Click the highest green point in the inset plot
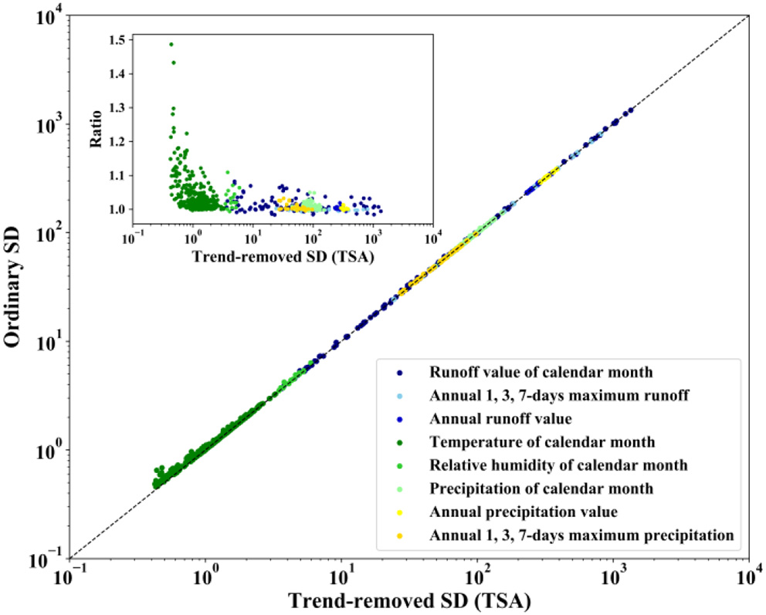tap(171, 44)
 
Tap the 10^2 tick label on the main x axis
tap(476, 574)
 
